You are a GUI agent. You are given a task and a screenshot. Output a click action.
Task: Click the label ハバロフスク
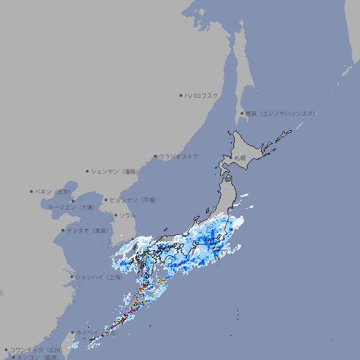tap(202, 95)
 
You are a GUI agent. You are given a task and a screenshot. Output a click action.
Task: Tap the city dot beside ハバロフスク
tap(181, 95)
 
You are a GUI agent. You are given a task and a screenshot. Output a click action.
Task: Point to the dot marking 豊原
tap(242, 113)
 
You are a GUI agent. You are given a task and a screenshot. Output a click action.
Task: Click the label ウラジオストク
tap(179, 156)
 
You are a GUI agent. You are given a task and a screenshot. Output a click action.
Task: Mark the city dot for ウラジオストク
tap(155, 156)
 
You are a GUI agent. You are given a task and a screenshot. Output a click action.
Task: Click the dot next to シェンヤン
tap(87, 171)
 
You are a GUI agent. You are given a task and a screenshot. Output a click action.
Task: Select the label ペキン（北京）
tap(53, 191)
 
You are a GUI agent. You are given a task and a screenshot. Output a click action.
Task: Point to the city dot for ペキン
tap(32, 191)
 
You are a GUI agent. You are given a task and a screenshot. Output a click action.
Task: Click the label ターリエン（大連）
tap(71, 207)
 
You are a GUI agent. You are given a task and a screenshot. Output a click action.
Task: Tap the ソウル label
tap(127, 215)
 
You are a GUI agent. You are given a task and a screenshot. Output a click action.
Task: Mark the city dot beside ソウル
tap(115, 215)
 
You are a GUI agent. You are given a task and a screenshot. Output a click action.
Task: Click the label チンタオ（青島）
tap(88, 230)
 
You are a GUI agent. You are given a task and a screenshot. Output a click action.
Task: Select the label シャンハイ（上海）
tap(99, 277)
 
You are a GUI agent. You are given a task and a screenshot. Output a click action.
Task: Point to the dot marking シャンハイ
tap(72, 277)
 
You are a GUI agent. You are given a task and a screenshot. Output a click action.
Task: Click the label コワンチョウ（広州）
tap(36, 349)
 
